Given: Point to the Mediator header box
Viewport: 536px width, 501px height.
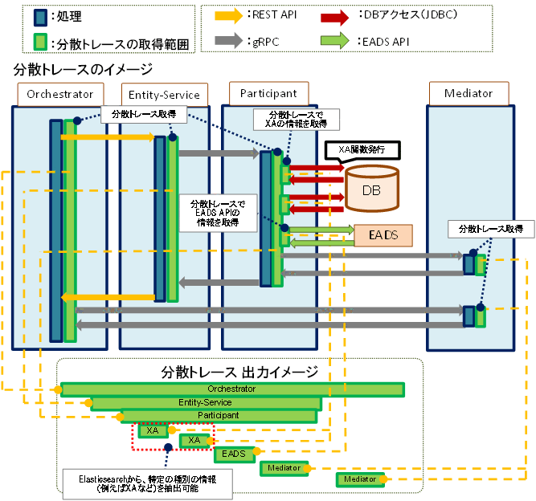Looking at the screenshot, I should (x=468, y=94).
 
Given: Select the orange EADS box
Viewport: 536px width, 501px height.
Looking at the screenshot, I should (x=382, y=234).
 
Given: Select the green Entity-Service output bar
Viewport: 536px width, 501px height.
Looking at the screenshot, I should (x=206, y=402).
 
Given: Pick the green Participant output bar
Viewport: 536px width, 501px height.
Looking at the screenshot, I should (x=219, y=416).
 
